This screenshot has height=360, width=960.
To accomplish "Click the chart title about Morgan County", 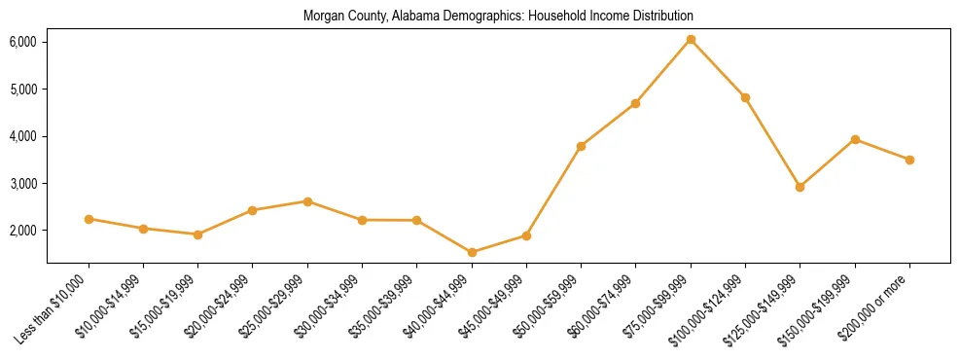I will click(498, 17).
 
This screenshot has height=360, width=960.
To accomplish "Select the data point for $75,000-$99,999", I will click(691, 40).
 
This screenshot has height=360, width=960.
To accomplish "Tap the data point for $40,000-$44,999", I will click(472, 253).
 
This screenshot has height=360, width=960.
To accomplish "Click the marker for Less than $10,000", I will click(89, 219).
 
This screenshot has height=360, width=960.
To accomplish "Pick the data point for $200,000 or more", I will click(909, 160).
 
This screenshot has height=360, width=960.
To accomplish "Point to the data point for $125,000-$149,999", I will click(800, 187).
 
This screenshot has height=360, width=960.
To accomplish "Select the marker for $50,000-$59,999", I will click(581, 146).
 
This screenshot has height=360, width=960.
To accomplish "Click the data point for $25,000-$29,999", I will click(307, 201).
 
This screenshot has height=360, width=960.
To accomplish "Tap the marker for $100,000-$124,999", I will click(745, 97).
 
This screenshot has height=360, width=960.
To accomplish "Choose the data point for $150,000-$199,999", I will click(855, 139).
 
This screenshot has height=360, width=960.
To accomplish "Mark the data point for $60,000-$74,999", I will click(635, 103).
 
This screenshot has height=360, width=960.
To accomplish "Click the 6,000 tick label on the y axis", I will click(22, 42).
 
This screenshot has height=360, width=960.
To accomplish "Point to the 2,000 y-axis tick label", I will click(22, 231).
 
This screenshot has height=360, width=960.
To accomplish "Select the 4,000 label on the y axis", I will click(22, 136).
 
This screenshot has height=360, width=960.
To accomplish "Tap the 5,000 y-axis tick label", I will click(22, 90).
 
